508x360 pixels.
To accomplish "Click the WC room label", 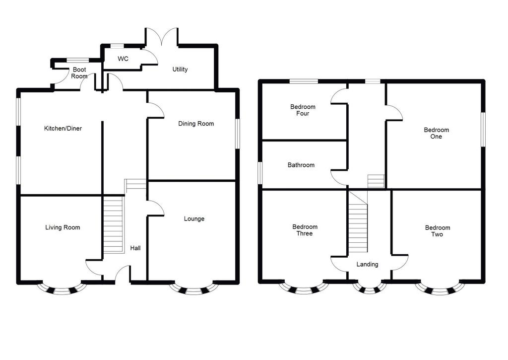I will [x=123, y=59].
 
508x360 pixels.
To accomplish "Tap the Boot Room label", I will [x=79, y=73].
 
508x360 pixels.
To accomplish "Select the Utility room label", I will [x=180, y=70].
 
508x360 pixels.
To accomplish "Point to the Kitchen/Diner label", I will [x=63, y=129].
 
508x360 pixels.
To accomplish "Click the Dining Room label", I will [x=196, y=124].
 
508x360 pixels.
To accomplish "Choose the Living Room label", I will [x=63, y=228].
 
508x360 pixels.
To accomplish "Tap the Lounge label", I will [x=194, y=219].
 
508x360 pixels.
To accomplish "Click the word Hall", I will [x=135, y=248].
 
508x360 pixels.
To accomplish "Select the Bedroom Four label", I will [x=303, y=110].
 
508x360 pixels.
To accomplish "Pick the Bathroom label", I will [x=301, y=165].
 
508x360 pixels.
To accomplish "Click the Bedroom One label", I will [x=436, y=134].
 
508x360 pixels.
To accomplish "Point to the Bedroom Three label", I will [x=305, y=230].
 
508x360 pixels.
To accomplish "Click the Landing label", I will [x=367, y=265].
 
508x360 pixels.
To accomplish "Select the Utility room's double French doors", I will [x=162, y=37].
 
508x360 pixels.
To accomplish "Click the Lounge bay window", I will [x=193, y=289].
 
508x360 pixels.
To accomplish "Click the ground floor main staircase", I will [x=113, y=224].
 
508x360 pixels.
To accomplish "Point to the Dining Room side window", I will [x=237, y=133].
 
